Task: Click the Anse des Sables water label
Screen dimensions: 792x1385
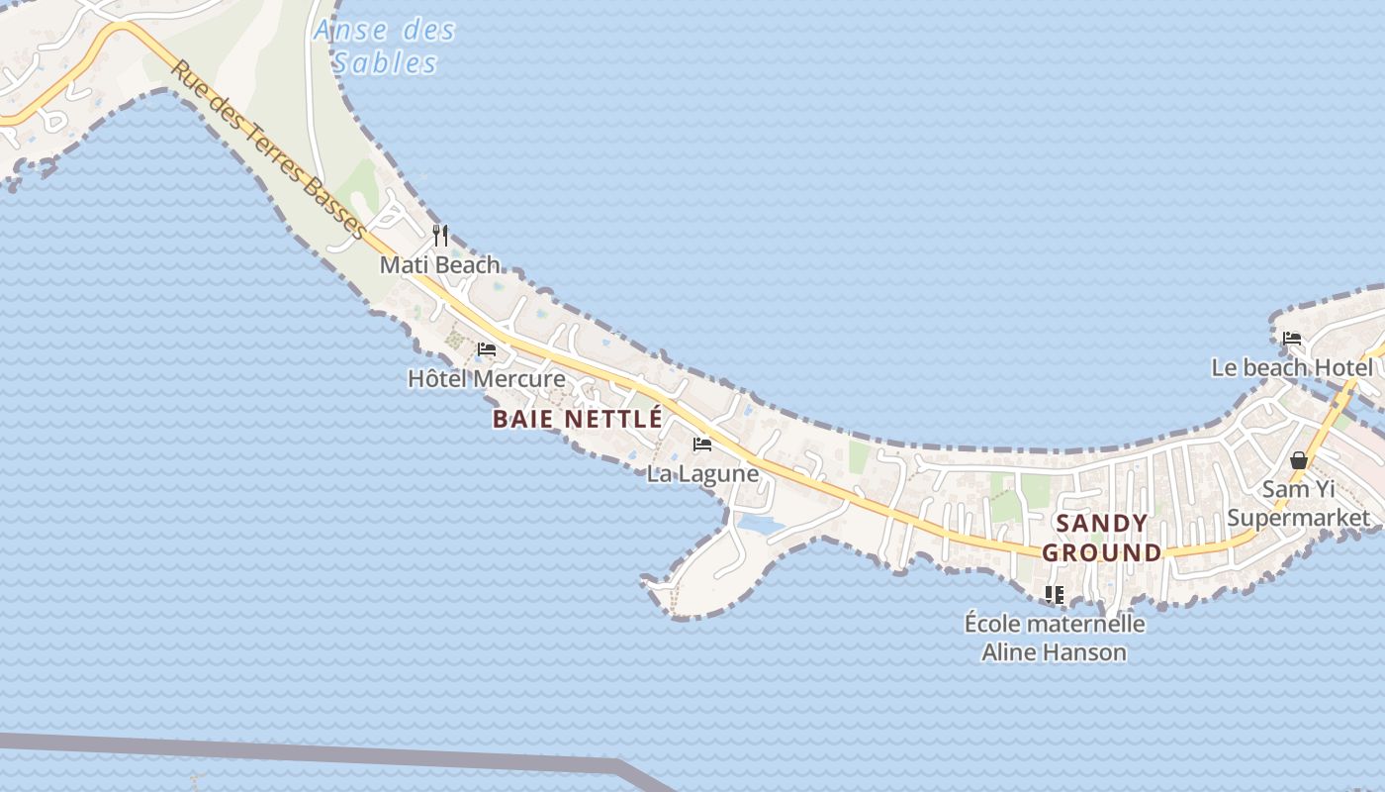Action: point(384,47)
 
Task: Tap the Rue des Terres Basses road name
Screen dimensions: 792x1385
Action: point(268,149)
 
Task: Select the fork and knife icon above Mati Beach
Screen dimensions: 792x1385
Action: point(440,236)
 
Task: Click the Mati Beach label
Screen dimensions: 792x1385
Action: point(440,265)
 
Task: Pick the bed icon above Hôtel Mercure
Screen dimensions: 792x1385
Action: point(487,349)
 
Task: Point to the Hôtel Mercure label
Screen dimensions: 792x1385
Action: point(487,379)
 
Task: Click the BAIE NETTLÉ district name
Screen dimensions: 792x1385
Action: point(578,419)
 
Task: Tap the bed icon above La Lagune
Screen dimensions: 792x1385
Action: point(702,445)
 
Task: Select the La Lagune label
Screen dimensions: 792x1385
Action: point(702,474)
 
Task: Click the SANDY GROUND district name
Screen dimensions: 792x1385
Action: point(1102,538)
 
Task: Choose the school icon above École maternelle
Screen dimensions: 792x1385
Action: point(1055,595)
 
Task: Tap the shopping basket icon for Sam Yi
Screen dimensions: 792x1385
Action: point(1299,460)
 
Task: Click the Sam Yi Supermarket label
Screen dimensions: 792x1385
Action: point(1299,503)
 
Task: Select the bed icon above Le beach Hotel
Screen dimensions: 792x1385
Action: point(1292,339)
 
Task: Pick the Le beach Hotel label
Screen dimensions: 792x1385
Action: point(1292,368)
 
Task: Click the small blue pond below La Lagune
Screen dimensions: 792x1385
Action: point(760,524)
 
